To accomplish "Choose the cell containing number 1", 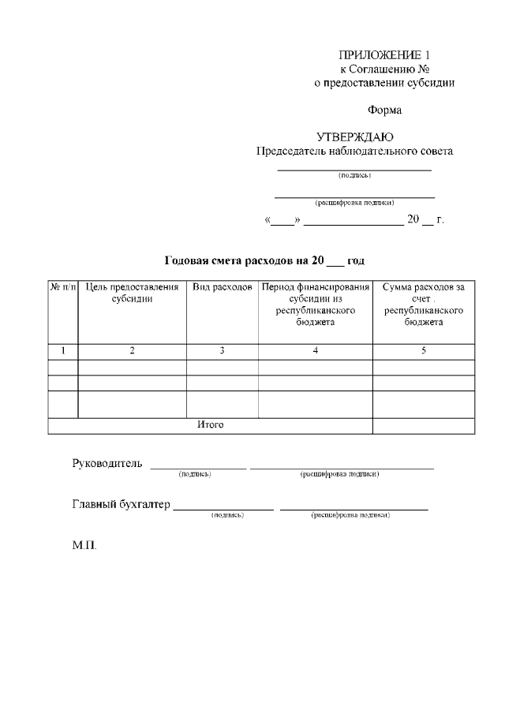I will click(63, 350).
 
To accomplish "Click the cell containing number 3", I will click(223, 350).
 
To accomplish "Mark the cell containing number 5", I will click(423, 350).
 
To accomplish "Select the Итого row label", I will click(210, 425).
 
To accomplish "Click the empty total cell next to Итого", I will click(423, 425).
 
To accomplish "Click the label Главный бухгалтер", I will click(121, 504).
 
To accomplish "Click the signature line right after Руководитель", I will click(198, 467).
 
